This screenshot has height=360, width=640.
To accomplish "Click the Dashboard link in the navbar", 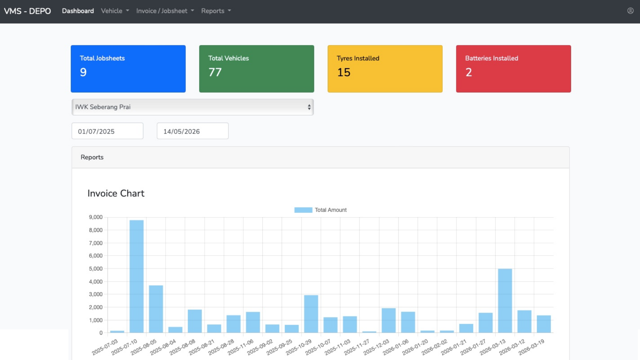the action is (78, 11).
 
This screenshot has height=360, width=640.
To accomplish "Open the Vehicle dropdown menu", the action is (115, 11).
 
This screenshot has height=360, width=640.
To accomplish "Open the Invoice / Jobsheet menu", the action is (165, 11).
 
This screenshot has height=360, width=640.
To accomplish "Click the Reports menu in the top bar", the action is (216, 11).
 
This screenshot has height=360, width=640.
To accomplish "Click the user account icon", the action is (630, 11).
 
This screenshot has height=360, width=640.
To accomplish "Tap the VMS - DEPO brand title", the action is (27, 11).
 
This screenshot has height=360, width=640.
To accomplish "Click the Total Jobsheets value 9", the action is (83, 72).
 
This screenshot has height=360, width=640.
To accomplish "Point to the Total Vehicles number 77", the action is (215, 72).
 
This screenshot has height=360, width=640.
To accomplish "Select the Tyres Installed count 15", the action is (344, 72).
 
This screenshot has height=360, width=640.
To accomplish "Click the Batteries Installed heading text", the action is (492, 58).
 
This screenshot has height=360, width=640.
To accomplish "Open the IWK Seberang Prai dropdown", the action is (193, 107).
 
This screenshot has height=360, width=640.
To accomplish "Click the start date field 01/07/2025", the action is (107, 131).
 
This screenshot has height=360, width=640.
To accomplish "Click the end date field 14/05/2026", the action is (193, 131).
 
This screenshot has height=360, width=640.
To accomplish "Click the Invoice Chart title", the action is (116, 193).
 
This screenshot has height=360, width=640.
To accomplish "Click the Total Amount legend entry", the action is (320, 210).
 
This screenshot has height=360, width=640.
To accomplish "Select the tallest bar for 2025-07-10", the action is (137, 276).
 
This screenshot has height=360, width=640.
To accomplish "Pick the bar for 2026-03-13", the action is (505, 301).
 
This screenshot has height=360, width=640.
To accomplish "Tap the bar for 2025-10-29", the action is (311, 314).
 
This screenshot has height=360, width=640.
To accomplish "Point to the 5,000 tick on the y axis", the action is (96, 269).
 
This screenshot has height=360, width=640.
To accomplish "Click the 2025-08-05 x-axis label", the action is (143, 347).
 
